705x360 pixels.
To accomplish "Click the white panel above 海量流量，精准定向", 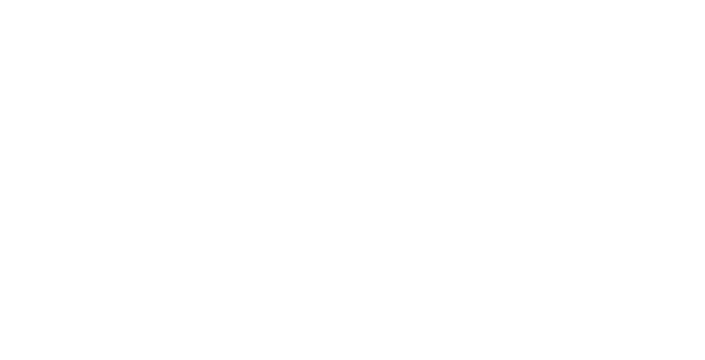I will coord(158,79).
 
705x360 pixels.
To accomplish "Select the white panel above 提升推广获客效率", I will coord(517,79).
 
